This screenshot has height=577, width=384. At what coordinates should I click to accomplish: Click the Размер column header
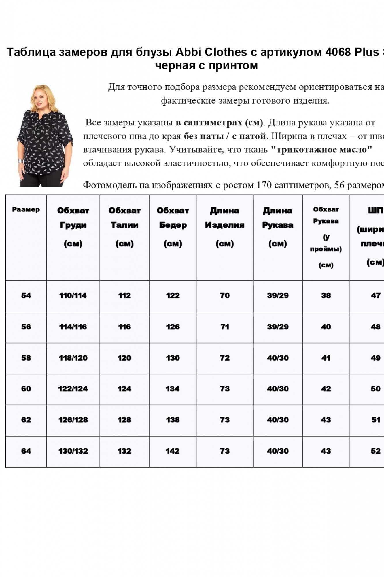(x=26, y=210)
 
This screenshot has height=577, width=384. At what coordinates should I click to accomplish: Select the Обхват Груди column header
(x=73, y=227)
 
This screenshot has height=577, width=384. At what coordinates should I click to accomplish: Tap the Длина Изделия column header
(x=225, y=227)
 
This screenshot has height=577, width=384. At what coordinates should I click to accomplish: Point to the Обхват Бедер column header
(x=173, y=227)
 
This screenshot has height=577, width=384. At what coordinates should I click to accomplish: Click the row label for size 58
(x=26, y=358)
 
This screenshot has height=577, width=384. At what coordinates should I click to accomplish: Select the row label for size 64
(x=26, y=451)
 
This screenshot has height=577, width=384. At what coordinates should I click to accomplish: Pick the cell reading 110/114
(x=73, y=295)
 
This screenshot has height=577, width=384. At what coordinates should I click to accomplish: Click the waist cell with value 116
(x=124, y=327)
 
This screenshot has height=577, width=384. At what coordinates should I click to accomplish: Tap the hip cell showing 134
(x=173, y=389)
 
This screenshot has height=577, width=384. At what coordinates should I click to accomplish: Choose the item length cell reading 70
(x=225, y=295)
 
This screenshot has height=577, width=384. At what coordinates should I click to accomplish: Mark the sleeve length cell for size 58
(x=278, y=358)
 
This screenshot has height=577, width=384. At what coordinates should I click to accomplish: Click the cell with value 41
(x=326, y=358)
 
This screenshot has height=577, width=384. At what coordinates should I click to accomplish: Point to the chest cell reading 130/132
(x=73, y=451)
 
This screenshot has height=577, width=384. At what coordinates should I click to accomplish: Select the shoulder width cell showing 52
(x=376, y=451)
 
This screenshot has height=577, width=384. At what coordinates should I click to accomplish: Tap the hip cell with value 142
(x=173, y=451)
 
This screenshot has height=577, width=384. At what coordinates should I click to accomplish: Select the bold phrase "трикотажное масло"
(x=321, y=150)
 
